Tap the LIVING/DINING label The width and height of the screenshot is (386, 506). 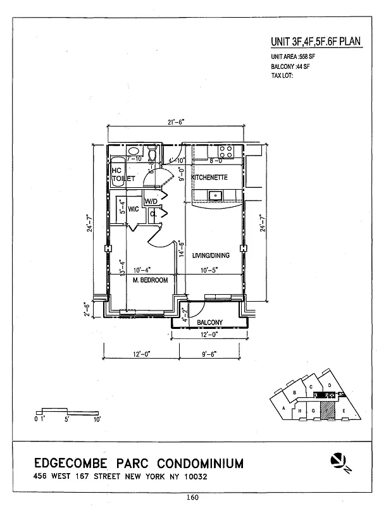tap(211, 256)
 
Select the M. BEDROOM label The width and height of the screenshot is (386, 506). tap(150, 280)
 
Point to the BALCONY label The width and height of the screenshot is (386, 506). tap(209, 323)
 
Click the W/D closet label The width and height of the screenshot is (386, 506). tap(151, 202)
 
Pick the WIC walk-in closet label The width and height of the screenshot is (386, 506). tap(134, 208)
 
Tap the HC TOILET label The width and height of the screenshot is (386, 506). tap(123, 175)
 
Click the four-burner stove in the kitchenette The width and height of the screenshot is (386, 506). tap(227, 152)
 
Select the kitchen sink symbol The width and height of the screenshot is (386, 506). tap(215, 194)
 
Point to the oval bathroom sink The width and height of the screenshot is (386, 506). tap(133, 151)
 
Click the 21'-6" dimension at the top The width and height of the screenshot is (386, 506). tap(175, 123)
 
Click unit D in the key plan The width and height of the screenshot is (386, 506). tap(330, 385)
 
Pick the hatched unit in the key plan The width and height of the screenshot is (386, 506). tap(327, 410)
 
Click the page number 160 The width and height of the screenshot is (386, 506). tap(192, 497)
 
